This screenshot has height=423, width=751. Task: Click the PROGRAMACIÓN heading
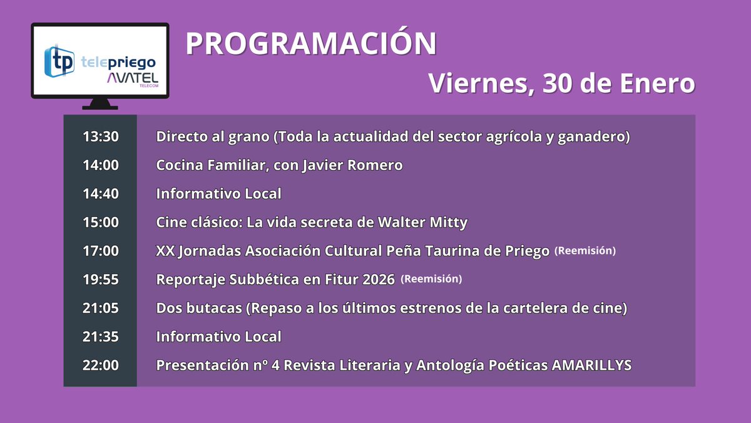coord(311,44)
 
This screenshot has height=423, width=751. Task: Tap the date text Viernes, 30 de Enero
coord(561,83)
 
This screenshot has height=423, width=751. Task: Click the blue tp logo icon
coord(60,60)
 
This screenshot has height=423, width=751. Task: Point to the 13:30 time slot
coord(100,137)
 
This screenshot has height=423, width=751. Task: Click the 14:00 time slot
coord(100,165)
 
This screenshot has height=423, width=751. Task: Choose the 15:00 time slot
coord(100,222)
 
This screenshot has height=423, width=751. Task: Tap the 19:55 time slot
coord(100,279)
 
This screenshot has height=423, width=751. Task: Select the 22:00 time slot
coord(100,365)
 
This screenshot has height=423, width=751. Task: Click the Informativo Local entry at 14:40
coord(218,194)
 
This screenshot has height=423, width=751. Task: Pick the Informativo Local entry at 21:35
coord(218,337)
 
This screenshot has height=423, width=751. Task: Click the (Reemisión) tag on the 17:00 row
coord(585,251)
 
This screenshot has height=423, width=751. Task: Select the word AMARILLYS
coord(592,365)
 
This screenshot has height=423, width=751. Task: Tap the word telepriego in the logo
coord(118,62)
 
